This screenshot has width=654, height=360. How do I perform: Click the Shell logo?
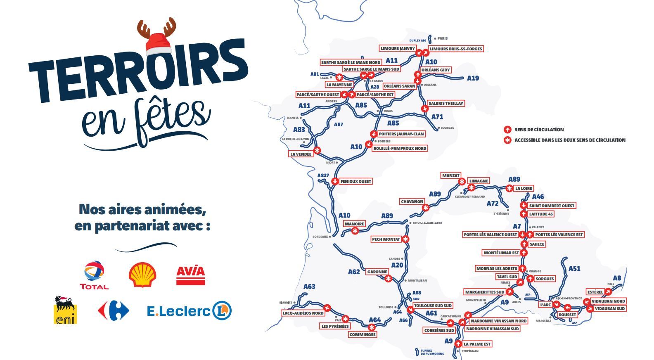tap(142, 274)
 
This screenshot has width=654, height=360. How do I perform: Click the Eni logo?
tap(65, 310)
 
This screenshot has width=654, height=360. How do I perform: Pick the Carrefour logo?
tap(114, 311)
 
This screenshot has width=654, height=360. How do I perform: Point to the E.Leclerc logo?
tap(189, 311)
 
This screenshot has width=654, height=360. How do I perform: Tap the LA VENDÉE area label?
tap(301, 154)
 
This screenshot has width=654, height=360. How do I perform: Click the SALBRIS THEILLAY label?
tap(446, 103)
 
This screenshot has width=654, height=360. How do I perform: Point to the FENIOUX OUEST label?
tap(356, 181)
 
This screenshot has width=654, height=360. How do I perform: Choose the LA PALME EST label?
tap(477, 344)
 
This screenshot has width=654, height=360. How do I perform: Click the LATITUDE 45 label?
tap(541, 214)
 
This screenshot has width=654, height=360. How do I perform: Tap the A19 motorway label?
tap(473, 78)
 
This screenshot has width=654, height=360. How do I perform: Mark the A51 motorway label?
tap(574, 269)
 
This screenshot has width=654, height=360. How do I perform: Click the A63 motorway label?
tap(309, 287)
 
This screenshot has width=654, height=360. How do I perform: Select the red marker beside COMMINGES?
tap(372, 327)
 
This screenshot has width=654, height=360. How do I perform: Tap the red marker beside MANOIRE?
tap(355, 231)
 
